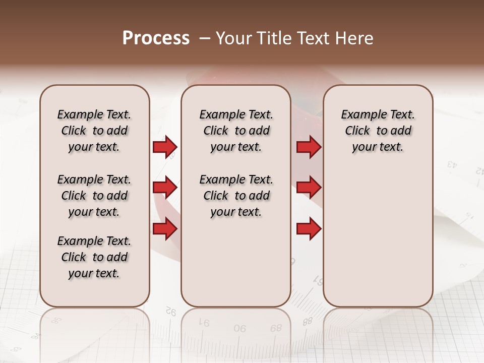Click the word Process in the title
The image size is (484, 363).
pyautogui.click(x=156, y=38)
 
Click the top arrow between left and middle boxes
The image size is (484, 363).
pyautogui.click(x=165, y=147)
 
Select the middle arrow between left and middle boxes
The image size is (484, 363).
pyautogui.click(x=165, y=188)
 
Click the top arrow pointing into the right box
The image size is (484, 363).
pyautogui.click(x=309, y=147)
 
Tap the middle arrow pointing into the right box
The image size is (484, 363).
pyautogui.click(x=309, y=188)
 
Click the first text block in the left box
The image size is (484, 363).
pyautogui.click(x=94, y=131)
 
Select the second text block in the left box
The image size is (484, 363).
pyautogui.click(x=94, y=196)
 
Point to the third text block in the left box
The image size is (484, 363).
pyautogui.click(x=94, y=257)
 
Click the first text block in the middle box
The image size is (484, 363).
pyautogui.click(x=236, y=131)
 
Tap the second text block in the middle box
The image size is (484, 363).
pyautogui.click(x=236, y=196)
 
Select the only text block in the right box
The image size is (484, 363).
pyautogui.click(x=378, y=131)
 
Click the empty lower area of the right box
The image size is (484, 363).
pyautogui.click(x=378, y=237)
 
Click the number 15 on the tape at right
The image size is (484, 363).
pyautogui.click(x=469, y=216)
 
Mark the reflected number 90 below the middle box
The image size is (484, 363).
pyautogui.click(x=240, y=328)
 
